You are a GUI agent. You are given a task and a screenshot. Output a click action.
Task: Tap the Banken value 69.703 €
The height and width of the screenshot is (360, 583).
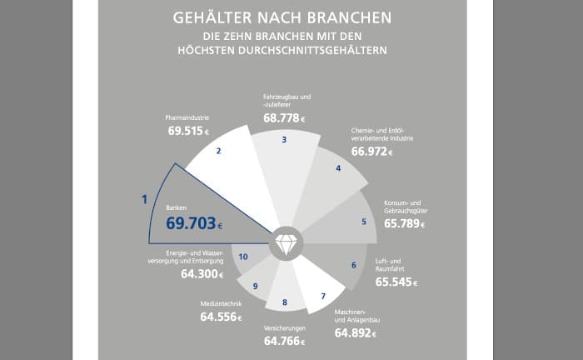tap(194, 223)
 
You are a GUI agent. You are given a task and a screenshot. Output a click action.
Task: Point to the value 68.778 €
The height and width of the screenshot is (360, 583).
tap(284, 118)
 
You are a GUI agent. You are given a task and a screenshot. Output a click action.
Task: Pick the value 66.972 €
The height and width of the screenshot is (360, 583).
tap(371, 152)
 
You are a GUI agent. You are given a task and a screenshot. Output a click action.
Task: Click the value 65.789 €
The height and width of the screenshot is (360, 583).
tap(405, 223)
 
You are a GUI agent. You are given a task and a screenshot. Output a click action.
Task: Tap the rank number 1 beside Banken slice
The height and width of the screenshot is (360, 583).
tap(144, 199)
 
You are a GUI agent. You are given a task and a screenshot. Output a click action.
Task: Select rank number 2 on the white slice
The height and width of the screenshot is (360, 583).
tap(218, 151)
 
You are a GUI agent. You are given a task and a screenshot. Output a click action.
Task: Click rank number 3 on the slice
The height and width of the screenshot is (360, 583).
tap(284, 140)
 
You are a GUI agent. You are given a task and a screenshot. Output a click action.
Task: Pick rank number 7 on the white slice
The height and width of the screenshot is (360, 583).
tap(322, 296)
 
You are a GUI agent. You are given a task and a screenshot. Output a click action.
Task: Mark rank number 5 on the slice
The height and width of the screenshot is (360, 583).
tap(363, 222)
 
